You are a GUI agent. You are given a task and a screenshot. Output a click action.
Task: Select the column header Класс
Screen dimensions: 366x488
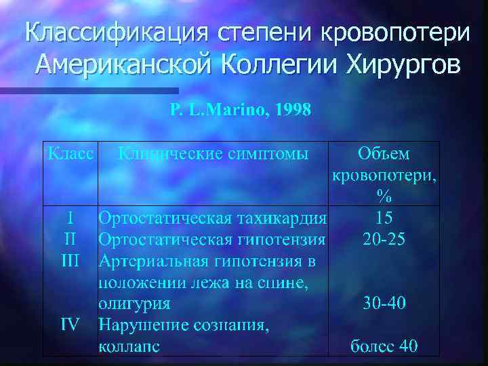point(70,154)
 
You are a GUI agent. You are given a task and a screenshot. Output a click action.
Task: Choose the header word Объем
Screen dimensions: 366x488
point(384,154)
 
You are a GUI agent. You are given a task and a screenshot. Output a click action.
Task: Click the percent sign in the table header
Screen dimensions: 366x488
point(384,197)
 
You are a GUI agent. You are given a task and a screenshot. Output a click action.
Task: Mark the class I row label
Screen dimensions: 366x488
point(70,218)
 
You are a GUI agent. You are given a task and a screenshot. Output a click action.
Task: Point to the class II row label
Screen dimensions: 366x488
point(70,239)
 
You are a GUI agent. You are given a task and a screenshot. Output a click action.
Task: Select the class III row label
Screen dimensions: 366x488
point(70,260)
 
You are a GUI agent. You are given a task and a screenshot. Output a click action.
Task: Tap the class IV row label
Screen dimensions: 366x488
point(70,325)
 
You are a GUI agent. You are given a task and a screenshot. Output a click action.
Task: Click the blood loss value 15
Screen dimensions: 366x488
point(384,218)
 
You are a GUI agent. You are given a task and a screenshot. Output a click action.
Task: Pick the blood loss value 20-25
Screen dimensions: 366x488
point(384,239)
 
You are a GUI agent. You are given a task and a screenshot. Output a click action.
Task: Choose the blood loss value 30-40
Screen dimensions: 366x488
point(384,303)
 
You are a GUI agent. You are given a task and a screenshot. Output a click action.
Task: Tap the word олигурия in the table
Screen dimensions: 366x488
point(135,303)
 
